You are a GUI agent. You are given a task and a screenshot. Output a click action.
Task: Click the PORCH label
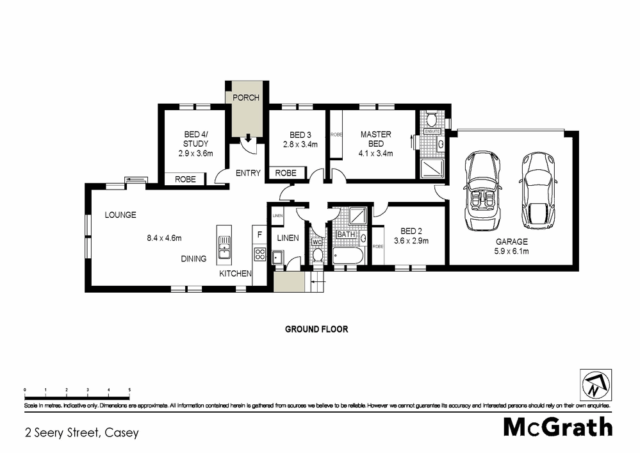coord(246,97)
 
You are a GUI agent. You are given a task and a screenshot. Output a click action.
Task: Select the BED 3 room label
coord(300,135)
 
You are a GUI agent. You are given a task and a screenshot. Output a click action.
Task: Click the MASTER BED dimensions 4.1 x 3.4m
coord(375,153)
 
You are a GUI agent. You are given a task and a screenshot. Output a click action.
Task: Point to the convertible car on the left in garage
coord(482,191)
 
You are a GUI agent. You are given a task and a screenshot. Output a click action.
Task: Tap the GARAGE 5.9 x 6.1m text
coord(511,246)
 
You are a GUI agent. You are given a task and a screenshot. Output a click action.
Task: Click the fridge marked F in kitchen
coord(259,235)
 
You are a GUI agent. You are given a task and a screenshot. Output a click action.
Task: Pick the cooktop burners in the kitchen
coord(259,254)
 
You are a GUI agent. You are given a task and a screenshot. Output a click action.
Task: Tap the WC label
coord(315,242)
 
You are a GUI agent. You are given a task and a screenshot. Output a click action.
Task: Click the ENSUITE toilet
coord(432,119)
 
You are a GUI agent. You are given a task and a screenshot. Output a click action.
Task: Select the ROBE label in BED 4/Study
coord(185,180)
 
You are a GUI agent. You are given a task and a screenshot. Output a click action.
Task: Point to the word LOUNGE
coord(120,215)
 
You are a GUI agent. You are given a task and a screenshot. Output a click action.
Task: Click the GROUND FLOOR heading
coord(316,329)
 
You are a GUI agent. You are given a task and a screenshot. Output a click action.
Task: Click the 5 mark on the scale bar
coord(129,390)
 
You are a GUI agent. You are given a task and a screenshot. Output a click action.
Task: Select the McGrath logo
coord(557,427)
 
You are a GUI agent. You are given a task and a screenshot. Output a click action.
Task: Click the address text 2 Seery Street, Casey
coord(81,432)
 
